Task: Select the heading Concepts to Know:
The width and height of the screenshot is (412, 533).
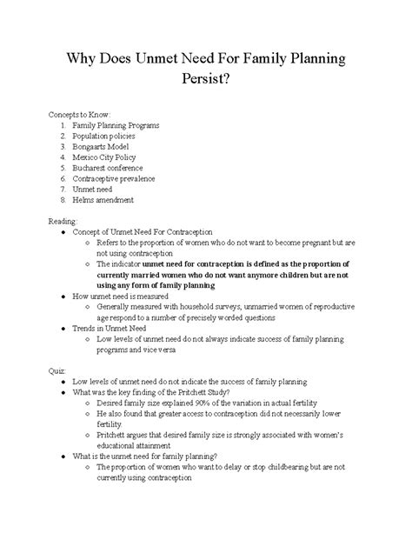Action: (x=81, y=113)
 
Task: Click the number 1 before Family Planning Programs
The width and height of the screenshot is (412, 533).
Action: (x=63, y=125)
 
